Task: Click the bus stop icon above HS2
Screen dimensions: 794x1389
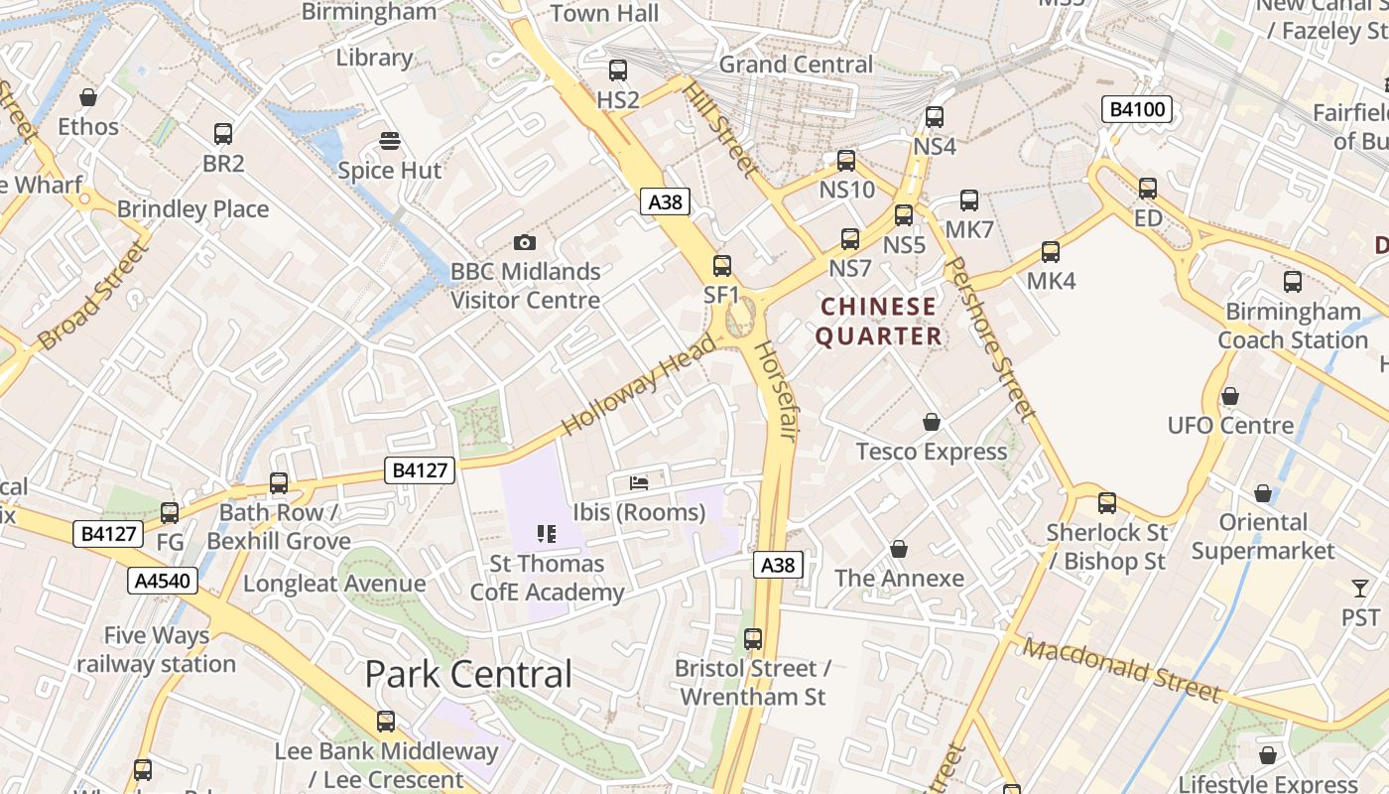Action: coord(618,70)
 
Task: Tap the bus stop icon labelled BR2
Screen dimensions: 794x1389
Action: coord(223,134)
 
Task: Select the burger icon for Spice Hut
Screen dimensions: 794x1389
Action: coord(390,141)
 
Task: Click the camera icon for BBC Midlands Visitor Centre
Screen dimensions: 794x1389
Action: coord(525,242)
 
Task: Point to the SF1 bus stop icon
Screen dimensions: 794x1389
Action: coord(722,266)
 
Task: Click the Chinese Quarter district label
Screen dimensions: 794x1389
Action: coord(878,322)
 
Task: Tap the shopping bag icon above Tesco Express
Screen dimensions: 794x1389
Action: coord(932,423)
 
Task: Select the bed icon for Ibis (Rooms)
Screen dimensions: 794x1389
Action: coord(640,483)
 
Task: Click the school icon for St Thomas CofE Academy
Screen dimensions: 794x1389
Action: coord(547,535)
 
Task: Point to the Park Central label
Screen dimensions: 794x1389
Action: coord(468,675)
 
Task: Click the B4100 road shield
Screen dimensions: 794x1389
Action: coord(1137,109)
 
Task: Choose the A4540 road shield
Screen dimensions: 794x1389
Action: coord(163,581)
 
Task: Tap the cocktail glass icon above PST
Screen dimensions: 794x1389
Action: coord(1360,589)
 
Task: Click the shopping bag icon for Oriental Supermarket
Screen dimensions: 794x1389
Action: coord(1263,493)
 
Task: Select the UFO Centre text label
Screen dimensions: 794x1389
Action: coord(1230,426)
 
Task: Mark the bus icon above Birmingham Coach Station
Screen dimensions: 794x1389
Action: coord(1293,282)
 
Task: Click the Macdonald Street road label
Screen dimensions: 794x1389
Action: coord(1121,670)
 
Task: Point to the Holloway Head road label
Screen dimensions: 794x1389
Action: coord(638,386)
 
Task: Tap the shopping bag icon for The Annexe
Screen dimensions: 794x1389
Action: coord(899,549)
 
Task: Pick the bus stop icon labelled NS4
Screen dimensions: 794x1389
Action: coord(935,117)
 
